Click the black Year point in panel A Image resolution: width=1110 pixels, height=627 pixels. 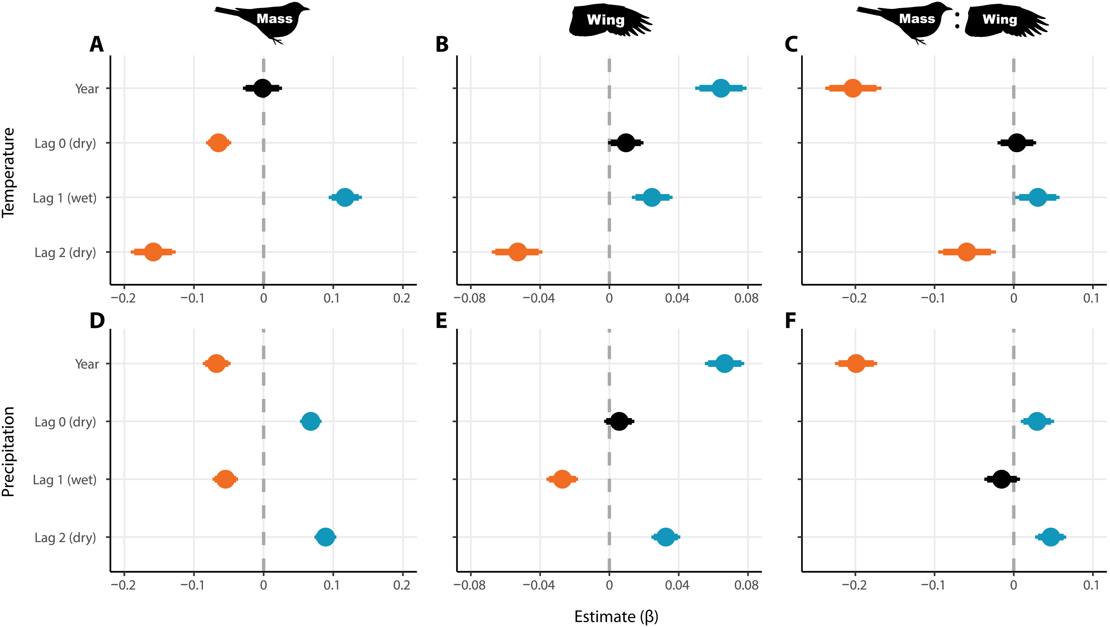(262, 88)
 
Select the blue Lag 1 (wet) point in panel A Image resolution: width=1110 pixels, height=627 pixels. (345, 197)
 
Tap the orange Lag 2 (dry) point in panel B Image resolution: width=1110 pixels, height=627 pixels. (517, 252)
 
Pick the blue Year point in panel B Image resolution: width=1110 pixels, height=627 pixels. (721, 88)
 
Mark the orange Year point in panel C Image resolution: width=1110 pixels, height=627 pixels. (853, 88)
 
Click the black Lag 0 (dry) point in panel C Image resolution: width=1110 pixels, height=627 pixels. (1017, 143)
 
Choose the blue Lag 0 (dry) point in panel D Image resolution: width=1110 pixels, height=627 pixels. (311, 421)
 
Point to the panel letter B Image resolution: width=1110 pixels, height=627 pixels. (442, 44)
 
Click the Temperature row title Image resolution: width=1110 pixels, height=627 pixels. (9, 172)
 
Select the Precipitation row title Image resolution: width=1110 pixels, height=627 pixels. (9, 452)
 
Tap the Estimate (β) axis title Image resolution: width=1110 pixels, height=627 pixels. (616, 616)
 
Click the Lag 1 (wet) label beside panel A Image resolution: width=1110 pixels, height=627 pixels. (65, 198)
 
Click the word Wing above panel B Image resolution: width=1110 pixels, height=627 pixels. (606, 20)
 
